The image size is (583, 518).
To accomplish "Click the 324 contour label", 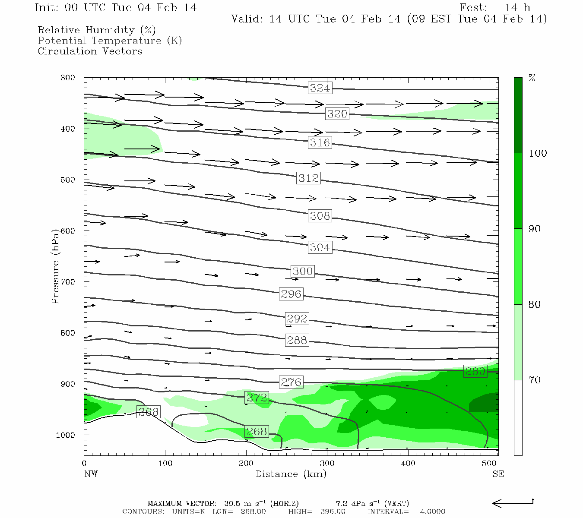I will [320, 88].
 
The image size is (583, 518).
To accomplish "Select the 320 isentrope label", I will [337, 114].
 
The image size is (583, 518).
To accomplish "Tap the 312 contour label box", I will [308, 178].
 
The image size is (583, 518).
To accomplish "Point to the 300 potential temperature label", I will [302, 271].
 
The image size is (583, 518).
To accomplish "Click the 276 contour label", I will [291, 382].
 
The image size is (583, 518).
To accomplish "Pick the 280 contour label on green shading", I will [475, 371].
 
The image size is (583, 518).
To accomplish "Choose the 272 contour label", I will [257, 398].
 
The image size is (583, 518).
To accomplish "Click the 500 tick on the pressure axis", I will [68, 180].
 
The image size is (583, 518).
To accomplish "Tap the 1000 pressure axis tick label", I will [66, 435].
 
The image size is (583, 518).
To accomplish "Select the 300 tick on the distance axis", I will [327, 464].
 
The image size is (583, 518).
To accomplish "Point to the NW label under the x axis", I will [91, 474].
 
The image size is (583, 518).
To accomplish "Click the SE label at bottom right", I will [498, 474].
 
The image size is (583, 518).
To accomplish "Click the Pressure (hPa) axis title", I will [55, 267].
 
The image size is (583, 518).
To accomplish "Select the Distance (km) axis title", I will [291, 474].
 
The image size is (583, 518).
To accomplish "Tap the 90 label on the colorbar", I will [535, 229].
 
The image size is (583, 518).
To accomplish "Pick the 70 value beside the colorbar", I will [535, 380].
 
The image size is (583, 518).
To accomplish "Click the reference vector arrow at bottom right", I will [513, 503].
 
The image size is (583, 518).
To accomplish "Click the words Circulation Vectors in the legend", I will [90, 51].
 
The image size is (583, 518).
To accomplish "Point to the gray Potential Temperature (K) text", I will [110, 41].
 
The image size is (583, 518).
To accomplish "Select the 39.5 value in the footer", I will [231, 503].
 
